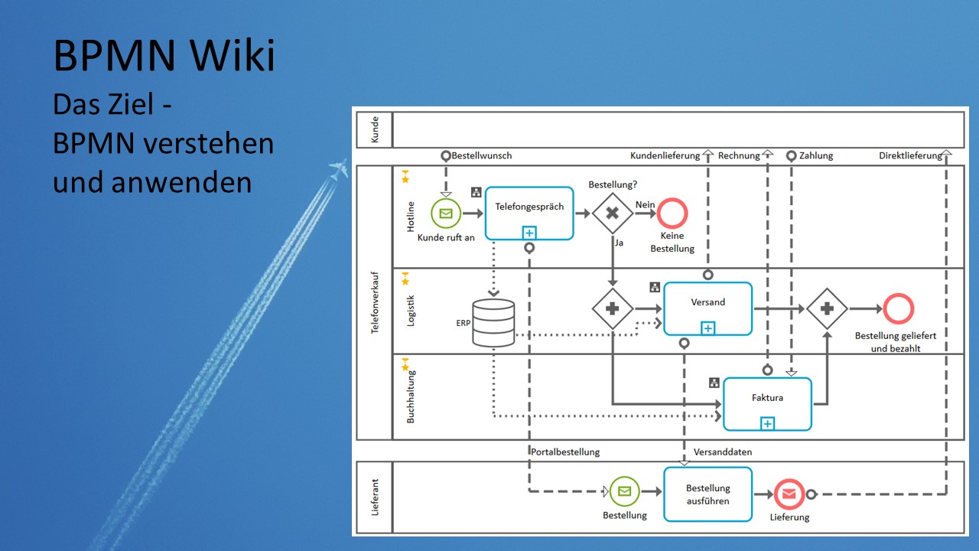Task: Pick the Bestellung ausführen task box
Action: point(707,494)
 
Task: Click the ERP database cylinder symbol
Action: point(493,322)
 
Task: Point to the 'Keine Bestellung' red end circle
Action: point(672,213)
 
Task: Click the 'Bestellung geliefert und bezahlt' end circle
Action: point(898,309)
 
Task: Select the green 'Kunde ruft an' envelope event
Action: point(446,214)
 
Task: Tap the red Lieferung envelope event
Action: point(789,494)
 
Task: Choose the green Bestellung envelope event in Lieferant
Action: point(625,491)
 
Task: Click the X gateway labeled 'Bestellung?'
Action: point(612,213)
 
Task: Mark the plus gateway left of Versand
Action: point(613,309)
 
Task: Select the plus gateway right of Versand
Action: point(827,309)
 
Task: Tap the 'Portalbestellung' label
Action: point(564,452)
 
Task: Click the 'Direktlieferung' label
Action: point(910,155)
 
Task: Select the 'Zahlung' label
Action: point(816,155)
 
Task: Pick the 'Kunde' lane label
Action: point(375,129)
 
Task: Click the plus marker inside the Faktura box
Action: point(767,423)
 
